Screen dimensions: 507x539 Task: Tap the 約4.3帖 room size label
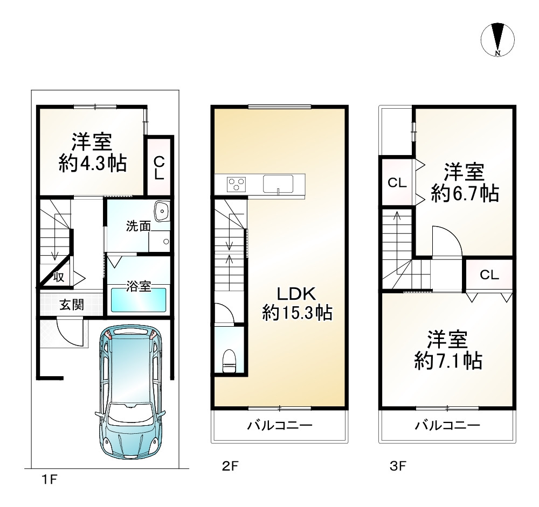pos(92,163)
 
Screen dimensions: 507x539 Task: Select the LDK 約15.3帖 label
pos(296,312)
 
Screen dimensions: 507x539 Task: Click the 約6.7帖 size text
pos(464,192)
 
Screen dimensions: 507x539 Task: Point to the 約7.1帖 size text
pos(448,360)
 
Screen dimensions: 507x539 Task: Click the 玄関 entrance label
pos(71,305)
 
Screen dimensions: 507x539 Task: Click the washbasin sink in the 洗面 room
pos(161,212)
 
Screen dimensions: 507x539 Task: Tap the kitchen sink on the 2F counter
pos(278,184)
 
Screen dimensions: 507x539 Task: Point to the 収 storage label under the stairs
pos(59,277)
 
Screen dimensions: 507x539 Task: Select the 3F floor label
pos(397,466)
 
